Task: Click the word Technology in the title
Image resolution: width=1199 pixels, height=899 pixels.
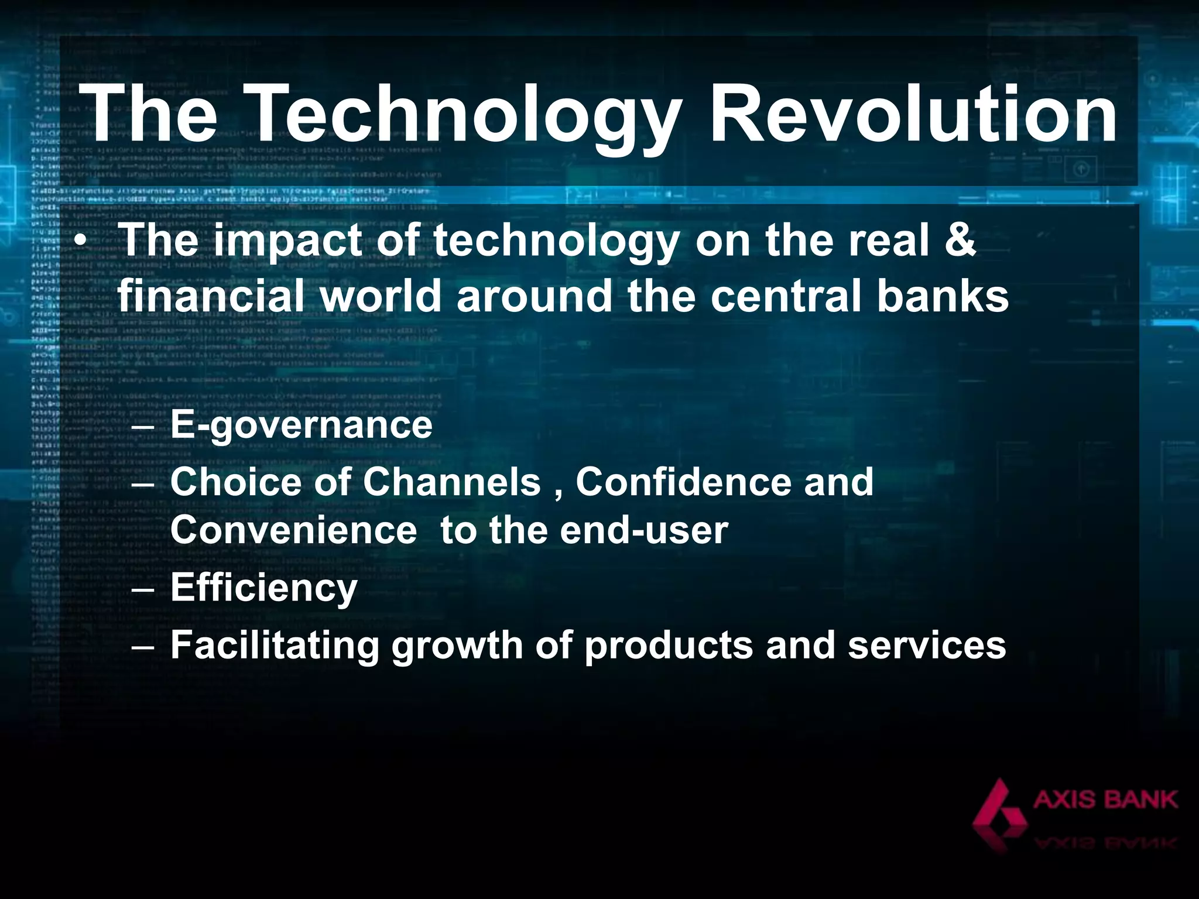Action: [460, 114]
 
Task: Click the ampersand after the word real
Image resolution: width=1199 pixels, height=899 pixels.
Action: [960, 240]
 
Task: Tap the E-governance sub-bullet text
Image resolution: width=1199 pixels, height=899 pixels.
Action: [301, 426]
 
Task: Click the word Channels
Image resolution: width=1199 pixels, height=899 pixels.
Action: [451, 482]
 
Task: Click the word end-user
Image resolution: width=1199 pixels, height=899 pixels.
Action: [644, 530]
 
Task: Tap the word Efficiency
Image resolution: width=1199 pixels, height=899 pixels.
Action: [263, 588]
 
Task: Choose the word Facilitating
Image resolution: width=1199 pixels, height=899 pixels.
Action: [275, 645]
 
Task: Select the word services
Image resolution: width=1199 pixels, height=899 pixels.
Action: [927, 645]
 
